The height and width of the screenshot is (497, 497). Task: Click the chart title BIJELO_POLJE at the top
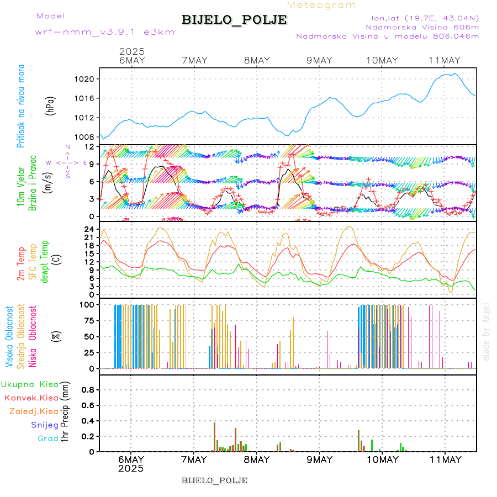click(x=234, y=20)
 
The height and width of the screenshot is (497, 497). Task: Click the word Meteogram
click(x=321, y=5)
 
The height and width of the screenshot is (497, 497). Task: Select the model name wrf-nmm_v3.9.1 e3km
click(x=105, y=32)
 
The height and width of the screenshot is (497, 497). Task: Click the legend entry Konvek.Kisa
click(x=31, y=398)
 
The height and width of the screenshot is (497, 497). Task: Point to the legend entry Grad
click(x=47, y=438)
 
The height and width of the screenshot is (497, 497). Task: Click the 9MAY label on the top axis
click(x=319, y=61)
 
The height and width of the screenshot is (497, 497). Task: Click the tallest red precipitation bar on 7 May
click(x=214, y=436)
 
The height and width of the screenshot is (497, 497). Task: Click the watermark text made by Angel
click(x=487, y=331)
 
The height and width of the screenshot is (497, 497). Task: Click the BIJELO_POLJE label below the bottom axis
click(x=214, y=480)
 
